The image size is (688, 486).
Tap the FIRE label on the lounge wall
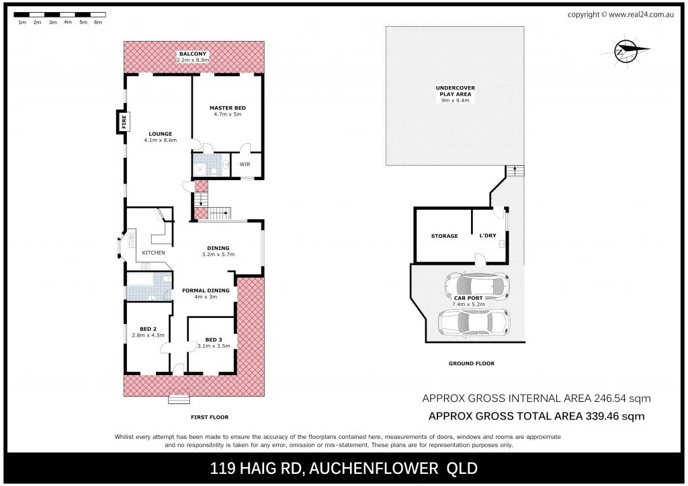pos(124,121)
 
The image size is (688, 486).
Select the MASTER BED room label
pos(227,108)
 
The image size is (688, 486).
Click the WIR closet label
pos(246,163)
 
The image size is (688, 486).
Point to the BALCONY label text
pos(193,54)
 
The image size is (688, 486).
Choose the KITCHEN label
pos(153,253)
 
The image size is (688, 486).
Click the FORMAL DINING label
pos(206,290)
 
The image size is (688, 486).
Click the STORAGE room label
pos(444,236)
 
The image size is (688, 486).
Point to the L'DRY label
pos(487,236)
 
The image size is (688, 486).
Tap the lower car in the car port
pos(474,322)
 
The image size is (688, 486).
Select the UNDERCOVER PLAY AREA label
pos(455,91)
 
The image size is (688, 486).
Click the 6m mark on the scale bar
pos(98,22)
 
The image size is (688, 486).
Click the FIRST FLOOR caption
pos(210,417)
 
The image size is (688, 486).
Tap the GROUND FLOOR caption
pos(471,364)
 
